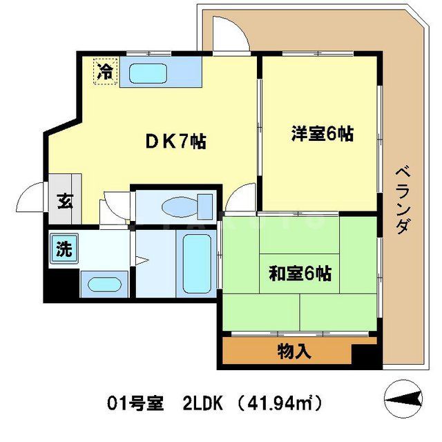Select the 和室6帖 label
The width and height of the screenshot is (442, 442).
click(x=300, y=273)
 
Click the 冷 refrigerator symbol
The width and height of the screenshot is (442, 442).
click(x=106, y=70)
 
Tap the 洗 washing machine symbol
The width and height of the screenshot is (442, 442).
click(x=64, y=249)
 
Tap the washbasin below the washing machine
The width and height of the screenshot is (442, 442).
click(x=103, y=284)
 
